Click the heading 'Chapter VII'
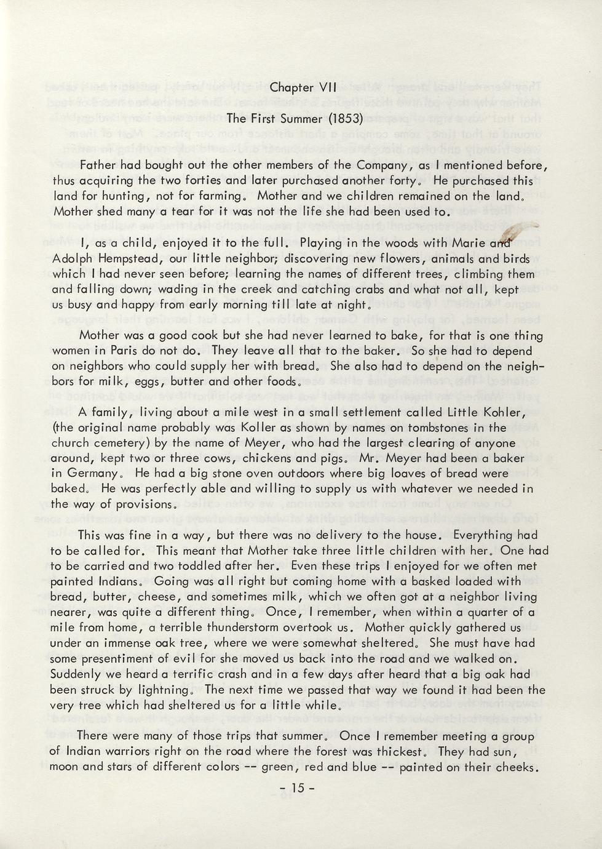click(x=301, y=87)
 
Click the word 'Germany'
click(x=91, y=474)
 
